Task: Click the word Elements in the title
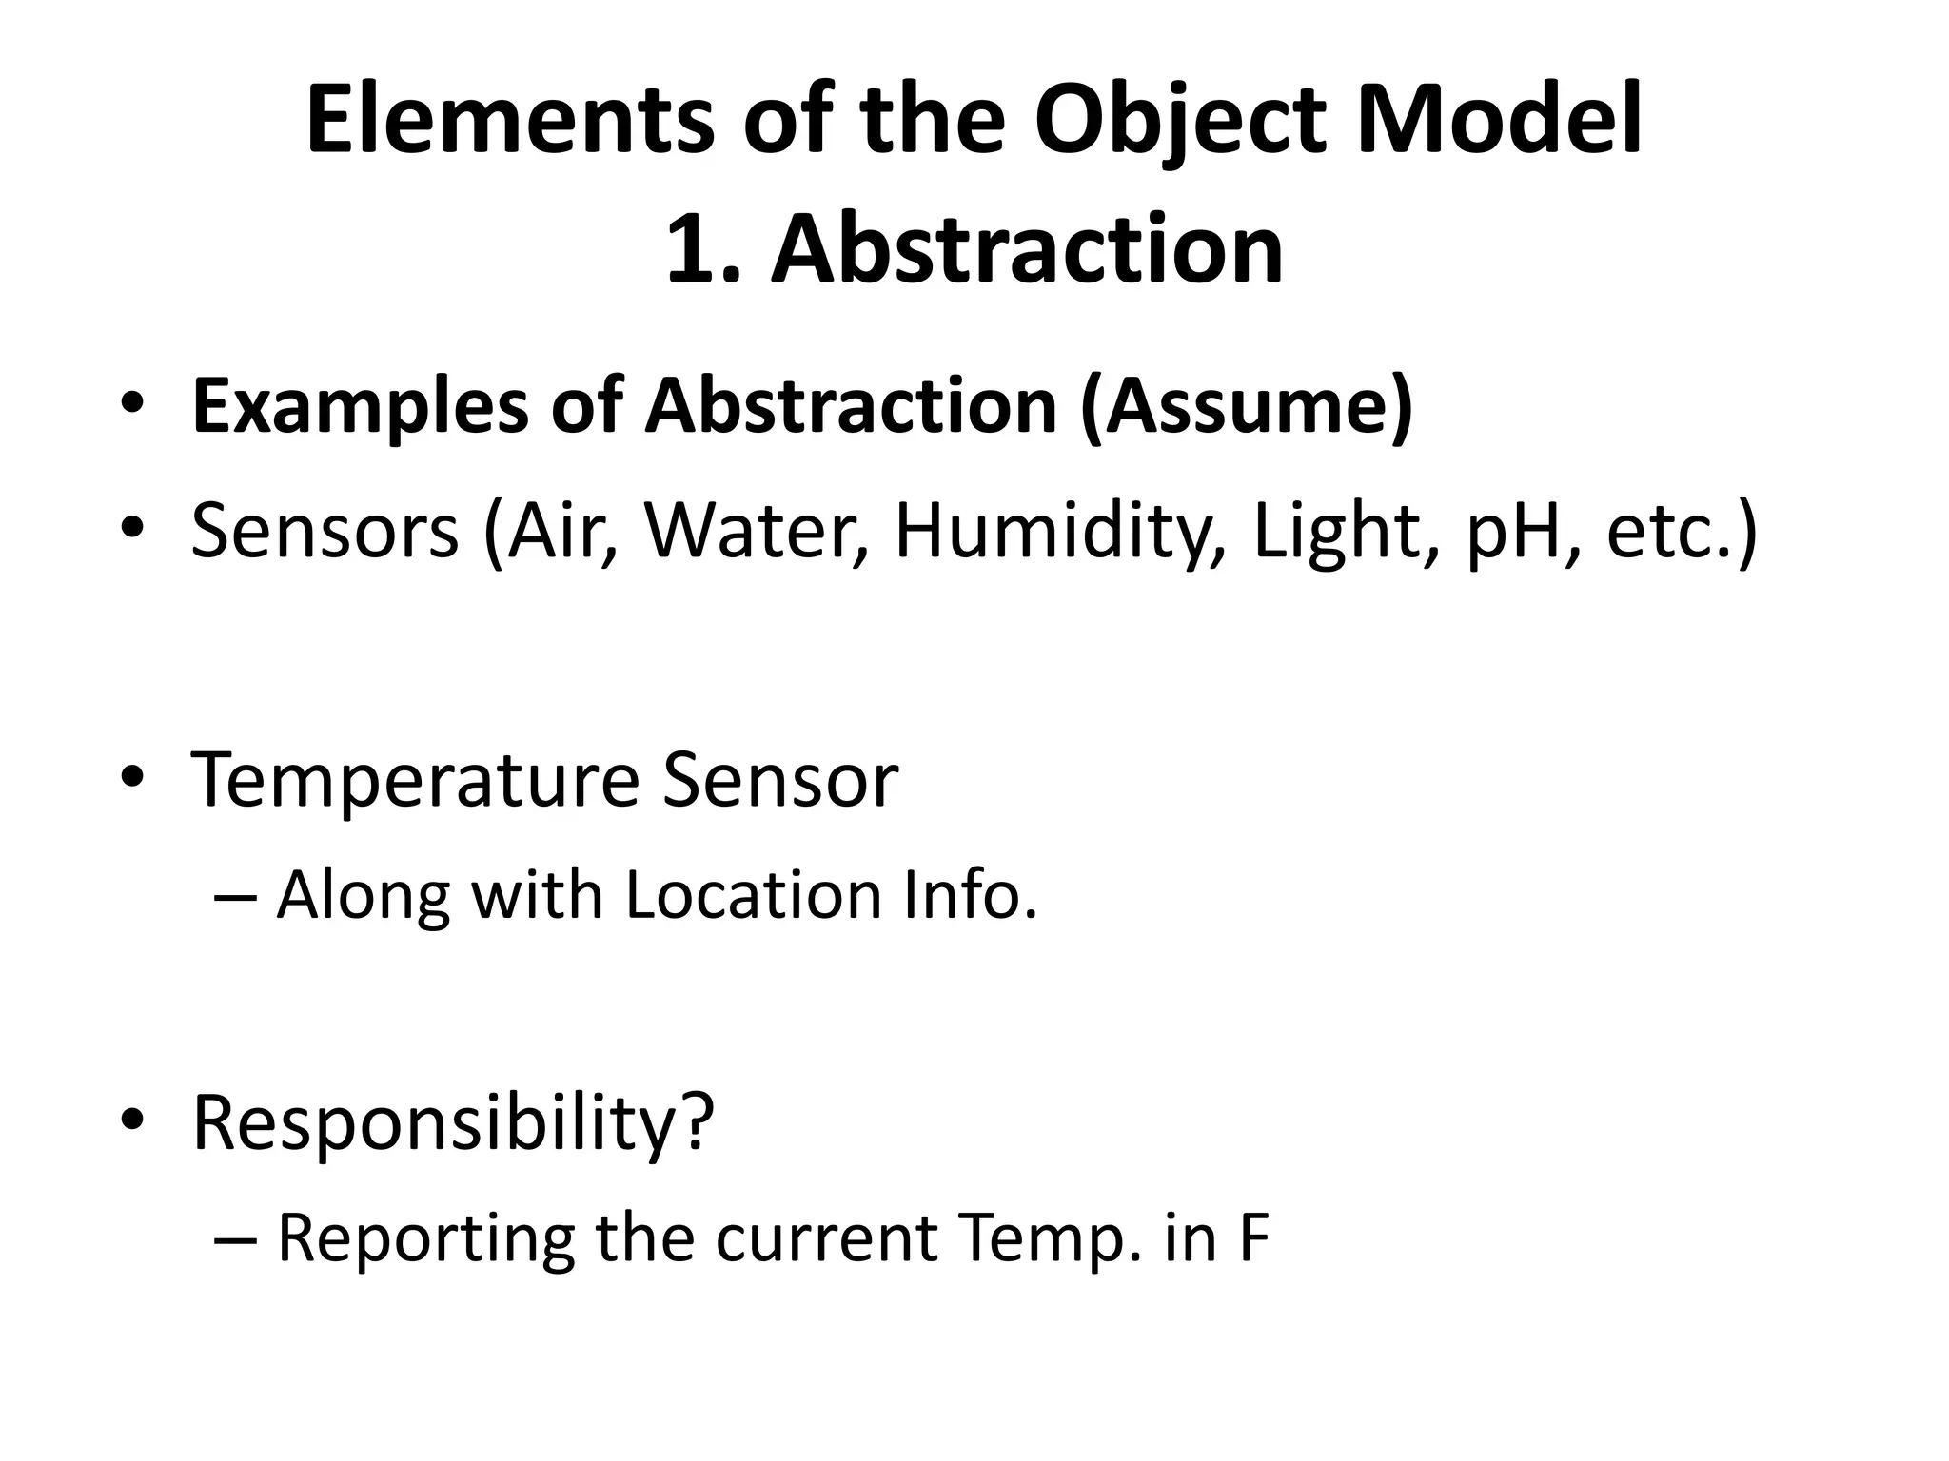pos(509,121)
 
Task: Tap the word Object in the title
pos(1180,121)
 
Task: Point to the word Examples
pos(359,407)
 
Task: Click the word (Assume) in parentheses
pos(1247,407)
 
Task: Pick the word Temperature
pos(416,780)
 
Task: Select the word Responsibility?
pos(453,1123)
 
